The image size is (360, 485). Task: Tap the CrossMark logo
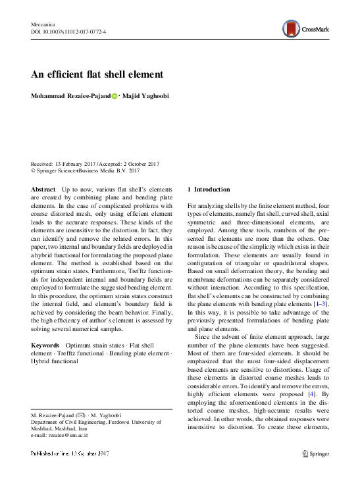coord(304,28)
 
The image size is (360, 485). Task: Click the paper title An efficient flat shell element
coord(96,74)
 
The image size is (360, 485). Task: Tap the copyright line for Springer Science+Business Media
coord(86,170)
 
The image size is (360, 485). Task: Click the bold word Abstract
coord(43,189)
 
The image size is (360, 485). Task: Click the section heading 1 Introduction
coord(209,189)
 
